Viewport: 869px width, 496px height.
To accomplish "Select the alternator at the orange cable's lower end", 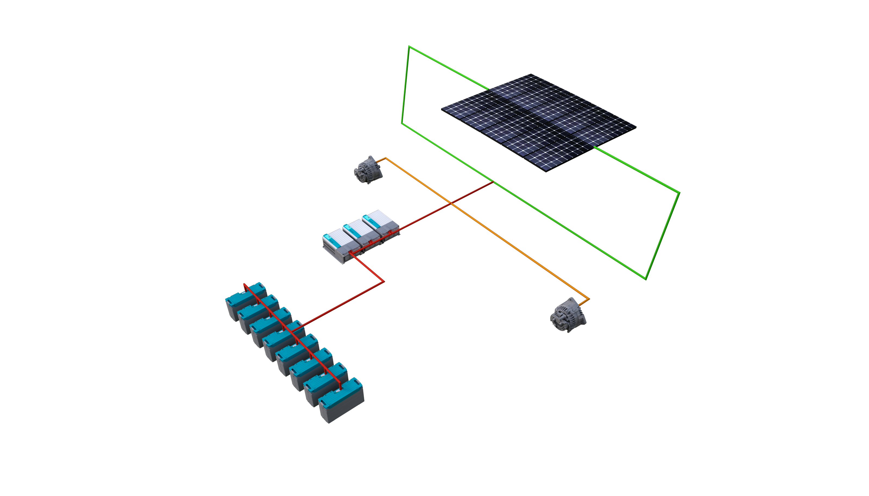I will tap(567, 315).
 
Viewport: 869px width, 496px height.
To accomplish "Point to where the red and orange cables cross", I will tap(451, 204).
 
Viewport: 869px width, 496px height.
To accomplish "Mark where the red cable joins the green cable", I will tap(493, 182).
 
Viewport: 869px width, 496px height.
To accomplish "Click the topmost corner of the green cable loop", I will tap(409, 46).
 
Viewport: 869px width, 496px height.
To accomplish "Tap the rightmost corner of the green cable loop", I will tap(679, 193).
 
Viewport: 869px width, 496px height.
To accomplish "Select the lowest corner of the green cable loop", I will tap(646, 279).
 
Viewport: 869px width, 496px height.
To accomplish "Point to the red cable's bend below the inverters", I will tap(384, 281).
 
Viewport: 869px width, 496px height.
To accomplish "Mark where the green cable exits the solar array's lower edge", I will tap(594, 147).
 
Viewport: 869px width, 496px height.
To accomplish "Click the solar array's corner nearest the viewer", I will tap(546, 171).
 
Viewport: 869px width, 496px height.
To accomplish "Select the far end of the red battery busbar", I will tap(244, 284).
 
